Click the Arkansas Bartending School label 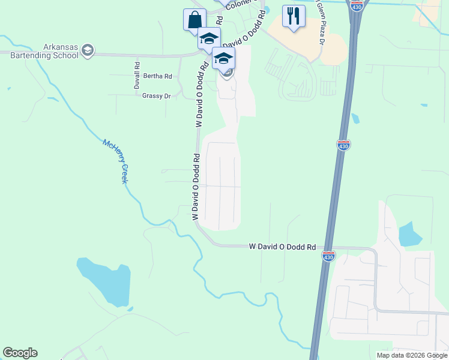[x=44, y=51]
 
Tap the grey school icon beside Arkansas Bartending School [x=88, y=50]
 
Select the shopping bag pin [x=194, y=19]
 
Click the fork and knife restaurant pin [x=293, y=16]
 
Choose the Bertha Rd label [x=158, y=76]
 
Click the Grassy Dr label [x=157, y=95]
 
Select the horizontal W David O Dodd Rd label [x=282, y=247]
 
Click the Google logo [x=20, y=353]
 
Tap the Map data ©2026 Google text [x=412, y=355]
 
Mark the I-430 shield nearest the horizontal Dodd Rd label [x=328, y=257]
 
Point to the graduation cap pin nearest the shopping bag [x=209, y=38]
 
